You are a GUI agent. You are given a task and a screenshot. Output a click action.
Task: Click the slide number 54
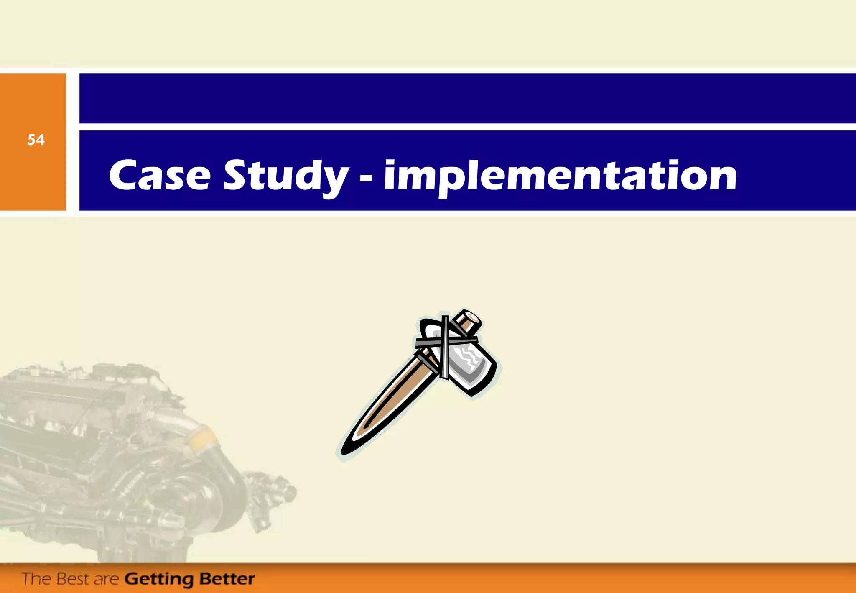[x=36, y=140]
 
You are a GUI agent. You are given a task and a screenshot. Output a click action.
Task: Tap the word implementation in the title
[x=560, y=177]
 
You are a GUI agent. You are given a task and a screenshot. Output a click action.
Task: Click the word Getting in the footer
[x=159, y=580]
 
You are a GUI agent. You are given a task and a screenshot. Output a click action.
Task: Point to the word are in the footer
[x=107, y=580]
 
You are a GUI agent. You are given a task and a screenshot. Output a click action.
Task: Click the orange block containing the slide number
[x=33, y=176]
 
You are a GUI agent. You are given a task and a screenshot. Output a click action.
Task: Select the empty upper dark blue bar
[x=467, y=98]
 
